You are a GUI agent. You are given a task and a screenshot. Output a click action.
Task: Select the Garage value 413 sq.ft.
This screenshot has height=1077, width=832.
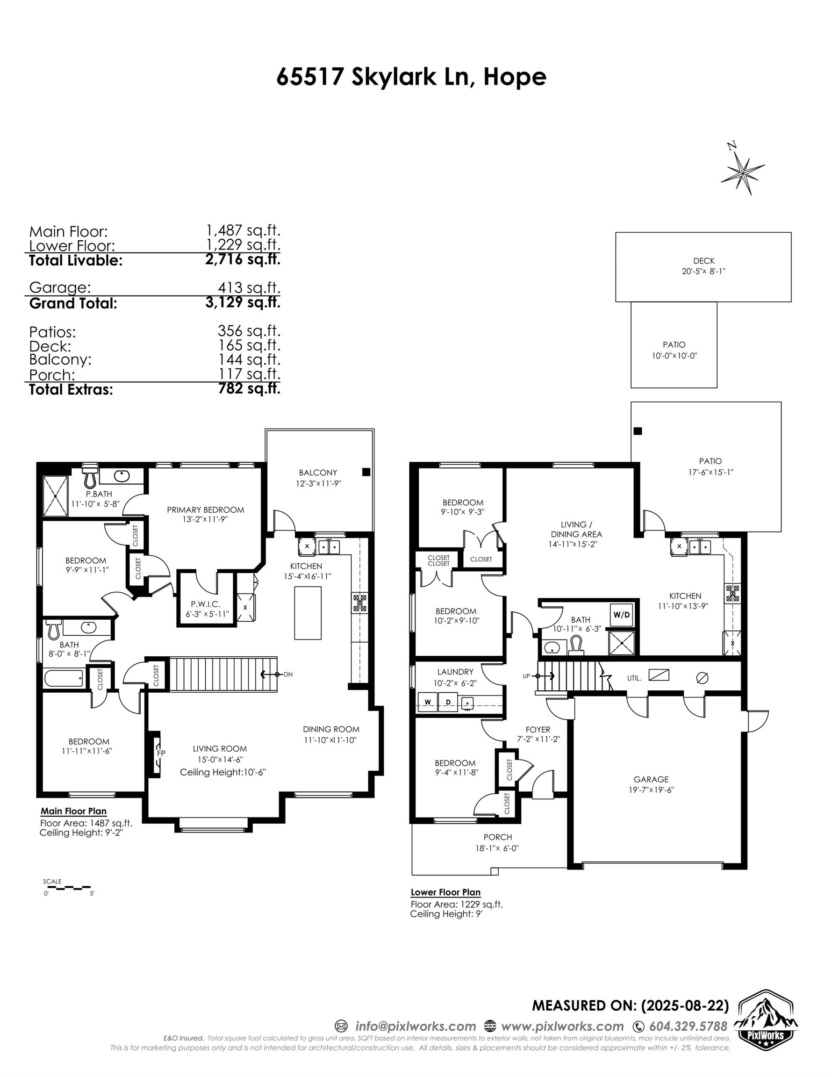coord(249,287)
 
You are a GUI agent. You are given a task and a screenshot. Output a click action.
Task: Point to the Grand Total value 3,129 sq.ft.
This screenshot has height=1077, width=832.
coord(243,302)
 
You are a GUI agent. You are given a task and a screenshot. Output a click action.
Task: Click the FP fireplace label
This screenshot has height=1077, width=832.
coord(161,754)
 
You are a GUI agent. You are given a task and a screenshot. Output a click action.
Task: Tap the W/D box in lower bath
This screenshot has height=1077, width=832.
coord(621,615)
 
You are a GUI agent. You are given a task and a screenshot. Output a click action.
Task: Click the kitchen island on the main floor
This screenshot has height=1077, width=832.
coord(308,612)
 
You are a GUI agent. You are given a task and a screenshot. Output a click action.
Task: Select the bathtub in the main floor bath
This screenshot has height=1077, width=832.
coord(64,677)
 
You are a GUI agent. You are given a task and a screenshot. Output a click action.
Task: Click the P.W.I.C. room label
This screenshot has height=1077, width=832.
coord(205,604)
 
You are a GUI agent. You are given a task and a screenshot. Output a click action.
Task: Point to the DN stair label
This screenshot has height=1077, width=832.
coord(288,674)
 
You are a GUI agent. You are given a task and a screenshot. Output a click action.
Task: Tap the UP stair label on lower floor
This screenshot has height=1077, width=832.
coord(526,676)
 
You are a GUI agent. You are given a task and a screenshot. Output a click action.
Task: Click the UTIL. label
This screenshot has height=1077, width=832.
coord(634,678)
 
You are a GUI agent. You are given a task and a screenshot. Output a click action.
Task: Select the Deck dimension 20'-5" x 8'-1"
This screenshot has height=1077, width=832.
coord(704,271)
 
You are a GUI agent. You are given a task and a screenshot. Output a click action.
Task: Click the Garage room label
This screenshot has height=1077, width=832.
coord(651,779)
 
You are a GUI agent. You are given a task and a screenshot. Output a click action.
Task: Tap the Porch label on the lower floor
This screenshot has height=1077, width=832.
coord(498,837)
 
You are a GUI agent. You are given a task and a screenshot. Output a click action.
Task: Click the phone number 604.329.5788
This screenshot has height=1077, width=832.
coord(688,1026)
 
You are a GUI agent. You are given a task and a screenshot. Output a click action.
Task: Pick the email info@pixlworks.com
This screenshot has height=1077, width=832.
coord(416,1026)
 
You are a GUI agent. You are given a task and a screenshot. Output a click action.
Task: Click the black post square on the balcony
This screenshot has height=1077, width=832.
coord(366,472)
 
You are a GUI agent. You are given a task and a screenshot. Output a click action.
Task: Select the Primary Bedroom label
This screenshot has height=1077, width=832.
coord(205,510)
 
